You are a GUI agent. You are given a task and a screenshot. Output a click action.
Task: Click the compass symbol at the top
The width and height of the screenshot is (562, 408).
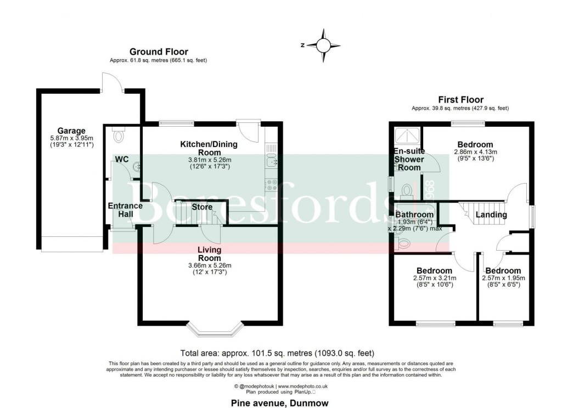point(324,45)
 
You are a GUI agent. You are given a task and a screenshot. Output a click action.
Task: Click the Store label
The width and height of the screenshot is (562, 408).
point(201,207)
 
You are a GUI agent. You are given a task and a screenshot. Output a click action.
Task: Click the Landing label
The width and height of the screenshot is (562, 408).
point(491,214)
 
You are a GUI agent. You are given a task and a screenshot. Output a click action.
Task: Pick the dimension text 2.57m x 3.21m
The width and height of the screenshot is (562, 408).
point(434,278)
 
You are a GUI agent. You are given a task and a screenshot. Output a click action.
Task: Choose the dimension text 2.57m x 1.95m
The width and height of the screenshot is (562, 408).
point(503,278)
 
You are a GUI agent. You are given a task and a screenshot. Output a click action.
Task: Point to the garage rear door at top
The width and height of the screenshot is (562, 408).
point(113,82)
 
